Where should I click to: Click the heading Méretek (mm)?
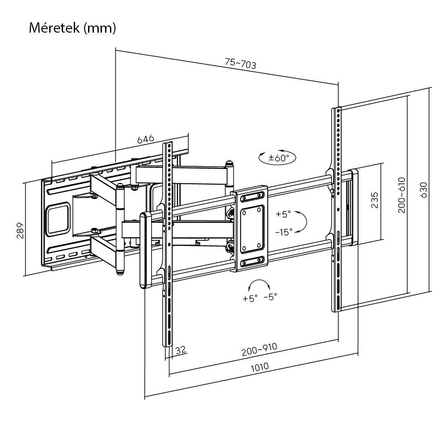click(72, 28)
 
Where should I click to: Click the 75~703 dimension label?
click(240, 64)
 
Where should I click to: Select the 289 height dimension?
click(20, 230)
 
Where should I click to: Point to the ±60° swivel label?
click(279, 157)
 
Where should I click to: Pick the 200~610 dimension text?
click(401, 194)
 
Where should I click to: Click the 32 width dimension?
click(181, 350)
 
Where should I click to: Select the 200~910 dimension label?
click(259, 350)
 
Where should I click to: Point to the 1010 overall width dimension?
click(259, 367)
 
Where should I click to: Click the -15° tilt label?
click(283, 232)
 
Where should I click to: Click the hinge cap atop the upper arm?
click(229, 164)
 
